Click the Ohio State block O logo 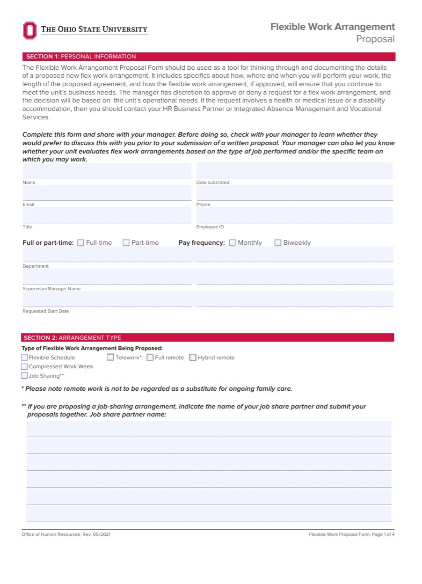point(29,30)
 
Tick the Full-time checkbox point(80,243)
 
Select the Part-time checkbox point(126,243)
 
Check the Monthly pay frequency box point(232,243)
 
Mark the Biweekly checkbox point(278,243)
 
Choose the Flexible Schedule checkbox point(24,358)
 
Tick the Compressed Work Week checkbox point(24,366)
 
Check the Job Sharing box point(24,376)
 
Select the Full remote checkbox point(150,358)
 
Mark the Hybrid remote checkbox point(193,358)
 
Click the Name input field point(107,171)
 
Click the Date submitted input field point(294,171)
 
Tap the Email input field point(107,193)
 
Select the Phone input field point(294,193)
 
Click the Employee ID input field point(294,215)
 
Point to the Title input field point(107,215)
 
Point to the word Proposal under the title point(375,39)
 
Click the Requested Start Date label point(46,311)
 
